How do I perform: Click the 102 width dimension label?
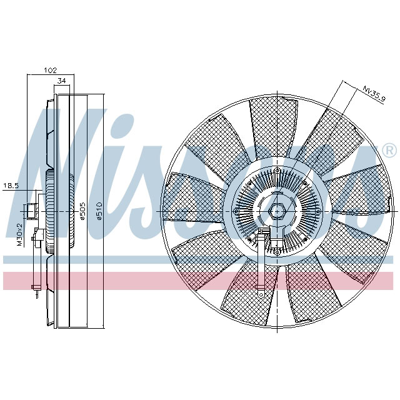[51, 71]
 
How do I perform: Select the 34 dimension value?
[61, 81]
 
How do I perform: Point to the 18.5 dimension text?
[11, 186]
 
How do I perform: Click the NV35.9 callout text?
[372, 94]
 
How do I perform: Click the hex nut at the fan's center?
[277, 211]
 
